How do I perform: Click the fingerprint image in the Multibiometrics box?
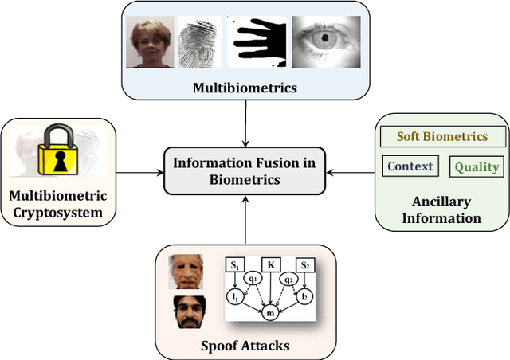(201, 41)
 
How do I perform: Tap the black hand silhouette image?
(256, 41)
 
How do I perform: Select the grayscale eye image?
(318, 41)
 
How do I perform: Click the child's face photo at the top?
(151, 42)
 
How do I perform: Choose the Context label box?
(410, 166)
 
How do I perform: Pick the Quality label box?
(477, 166)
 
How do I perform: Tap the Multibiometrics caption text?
(245, 88)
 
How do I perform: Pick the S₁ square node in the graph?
(235, 264)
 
